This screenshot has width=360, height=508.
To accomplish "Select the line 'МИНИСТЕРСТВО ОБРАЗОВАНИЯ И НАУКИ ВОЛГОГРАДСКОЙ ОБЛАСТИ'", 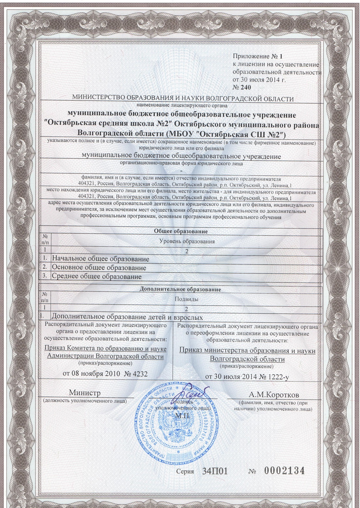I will [x=183, y=99].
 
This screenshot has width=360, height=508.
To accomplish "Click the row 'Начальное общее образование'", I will [x=101, y=259].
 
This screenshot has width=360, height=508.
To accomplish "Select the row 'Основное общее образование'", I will [x=99, y=268].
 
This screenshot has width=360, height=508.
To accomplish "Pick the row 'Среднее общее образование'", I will [x=97, y=277].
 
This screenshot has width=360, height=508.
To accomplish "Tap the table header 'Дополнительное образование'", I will [x=180, y=289].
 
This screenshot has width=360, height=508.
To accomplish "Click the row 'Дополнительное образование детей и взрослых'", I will [x=127, y=317].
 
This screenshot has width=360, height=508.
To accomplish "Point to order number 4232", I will [x=140, y=373].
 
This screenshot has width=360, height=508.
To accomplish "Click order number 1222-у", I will [x=274, y=377].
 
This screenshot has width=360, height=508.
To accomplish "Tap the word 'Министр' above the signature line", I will [x=84, y=392].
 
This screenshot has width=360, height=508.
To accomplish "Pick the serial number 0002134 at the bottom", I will [x=284, y=471].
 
